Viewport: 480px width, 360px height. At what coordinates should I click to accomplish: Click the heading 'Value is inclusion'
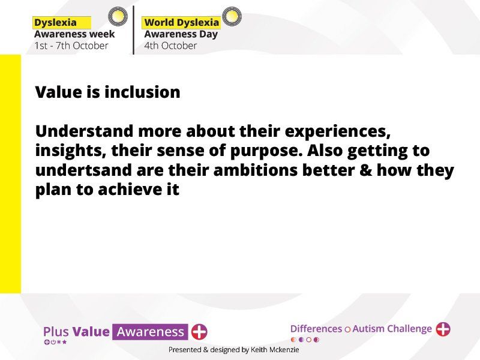click(108, 92)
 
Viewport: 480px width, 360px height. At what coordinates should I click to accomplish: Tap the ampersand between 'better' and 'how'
click(365, 170)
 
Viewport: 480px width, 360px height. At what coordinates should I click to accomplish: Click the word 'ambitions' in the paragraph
click(256, 170)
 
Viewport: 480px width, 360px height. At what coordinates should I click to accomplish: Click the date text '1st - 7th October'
click(71, 46)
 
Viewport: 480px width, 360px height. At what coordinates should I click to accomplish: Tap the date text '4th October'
click(170, 46)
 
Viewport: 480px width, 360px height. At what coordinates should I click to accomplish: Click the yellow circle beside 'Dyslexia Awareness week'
click(118, 16)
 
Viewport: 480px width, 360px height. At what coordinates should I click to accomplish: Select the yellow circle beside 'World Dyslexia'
click(232, 16)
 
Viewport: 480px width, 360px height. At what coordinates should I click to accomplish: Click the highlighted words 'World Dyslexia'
click(182, 23)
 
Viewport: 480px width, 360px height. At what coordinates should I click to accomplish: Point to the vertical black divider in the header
click(133, 30)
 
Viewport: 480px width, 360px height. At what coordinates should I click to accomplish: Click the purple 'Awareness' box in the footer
click(150, 332)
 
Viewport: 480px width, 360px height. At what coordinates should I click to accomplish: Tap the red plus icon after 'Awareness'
click(199, 332)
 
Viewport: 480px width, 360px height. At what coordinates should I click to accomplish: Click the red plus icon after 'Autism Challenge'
click(443, 329)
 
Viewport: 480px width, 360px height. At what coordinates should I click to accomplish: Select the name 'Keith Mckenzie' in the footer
click(275, 350)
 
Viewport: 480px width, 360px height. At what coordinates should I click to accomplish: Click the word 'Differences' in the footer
click(316, 329)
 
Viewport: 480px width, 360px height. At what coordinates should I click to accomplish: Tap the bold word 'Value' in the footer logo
click(91, 332)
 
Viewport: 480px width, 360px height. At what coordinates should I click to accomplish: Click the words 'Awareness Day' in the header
click(181, 34)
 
